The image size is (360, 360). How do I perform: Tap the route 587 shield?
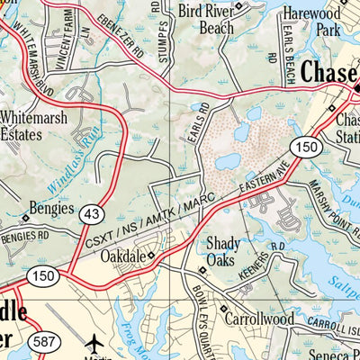tap(43, 342)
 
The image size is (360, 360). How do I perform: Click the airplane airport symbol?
tap(95, 344)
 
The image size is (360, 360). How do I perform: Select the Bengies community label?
tap(51, 205)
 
